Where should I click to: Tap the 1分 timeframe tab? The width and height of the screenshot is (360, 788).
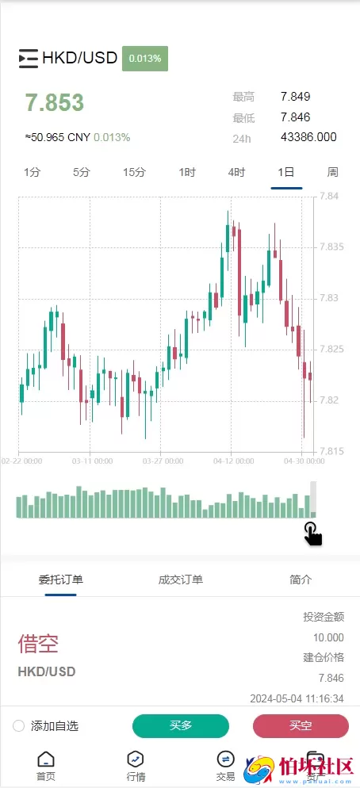pyautogui.click(x=33, y=172)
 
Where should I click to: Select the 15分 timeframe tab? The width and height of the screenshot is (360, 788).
pyautogui.click(x=134, y=172)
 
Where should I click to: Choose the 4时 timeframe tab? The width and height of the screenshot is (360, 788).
pyautogui.click(x=236, y=172)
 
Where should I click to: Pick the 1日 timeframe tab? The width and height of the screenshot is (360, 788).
pyautogui.click(x=285, y=172)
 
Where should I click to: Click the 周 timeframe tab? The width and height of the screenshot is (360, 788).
pyautogui.click(x=333, y=172)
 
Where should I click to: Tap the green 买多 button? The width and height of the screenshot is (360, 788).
pyautogui.click(x=181, y=725)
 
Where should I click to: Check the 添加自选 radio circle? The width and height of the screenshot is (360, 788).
pyautogui.click(x=19, y=726)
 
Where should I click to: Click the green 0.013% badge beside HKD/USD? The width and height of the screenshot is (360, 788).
pyautogui.click(x=145, y=58)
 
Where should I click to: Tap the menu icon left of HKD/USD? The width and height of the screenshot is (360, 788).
pyautogui.click(x=28, y=58)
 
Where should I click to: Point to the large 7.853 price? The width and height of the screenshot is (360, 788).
pyautogui.click(x=54, y=103)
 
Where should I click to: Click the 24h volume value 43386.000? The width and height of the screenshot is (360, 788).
pyautogui.click(x=308, y=137)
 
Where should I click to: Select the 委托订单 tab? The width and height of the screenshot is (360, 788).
pyautogui.click(x=61, y=580)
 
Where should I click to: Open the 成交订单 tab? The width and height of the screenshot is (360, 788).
pyautogui.click(x=181, y=580)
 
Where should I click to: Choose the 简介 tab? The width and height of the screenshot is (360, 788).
pyautogui.click(x=301, y=580)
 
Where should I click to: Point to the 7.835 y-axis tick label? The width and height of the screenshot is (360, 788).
pyautogui.click(x=331, y=247)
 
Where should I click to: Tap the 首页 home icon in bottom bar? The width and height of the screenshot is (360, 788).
pyautogui.click(x=46, y=759)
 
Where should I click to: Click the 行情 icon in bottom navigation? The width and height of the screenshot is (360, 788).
pyautogui.click(x=136, y=759)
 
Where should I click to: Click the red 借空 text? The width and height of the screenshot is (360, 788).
pyautogui.click(x=38, y=643)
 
